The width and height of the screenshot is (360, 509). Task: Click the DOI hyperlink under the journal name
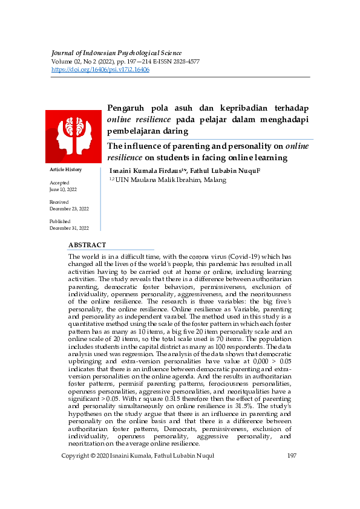pyautogui.click(x=100, y=70)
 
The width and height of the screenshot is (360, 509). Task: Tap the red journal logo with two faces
pyautogui.click(x=73, y=135)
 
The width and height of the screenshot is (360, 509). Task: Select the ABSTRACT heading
pyautogui.click(x=87, y=245)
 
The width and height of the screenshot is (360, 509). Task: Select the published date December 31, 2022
pyautogui.click(x=69, y=228)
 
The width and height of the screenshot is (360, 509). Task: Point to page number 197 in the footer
pyautogui.click(x=291, y=455)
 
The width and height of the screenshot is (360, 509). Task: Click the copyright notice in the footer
pyautogui.click(x=138, y=455)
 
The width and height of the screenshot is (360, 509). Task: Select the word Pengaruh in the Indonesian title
pyautogui.click(x=128, y=108)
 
